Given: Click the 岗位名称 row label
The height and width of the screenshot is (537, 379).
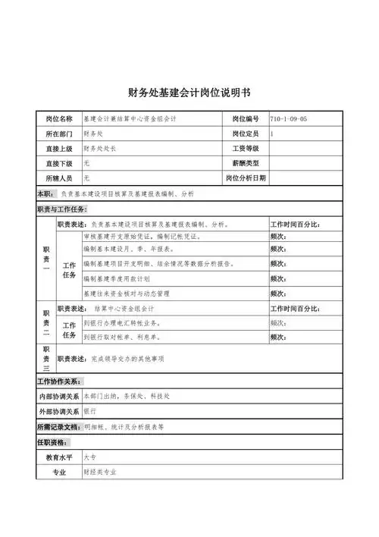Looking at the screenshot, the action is pos(58,119).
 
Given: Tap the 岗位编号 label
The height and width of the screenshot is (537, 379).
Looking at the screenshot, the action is pos(246,119).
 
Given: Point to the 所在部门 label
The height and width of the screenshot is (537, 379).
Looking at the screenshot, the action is pos(58,133).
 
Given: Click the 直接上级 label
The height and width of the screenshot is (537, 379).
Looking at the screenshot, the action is pos(58,149).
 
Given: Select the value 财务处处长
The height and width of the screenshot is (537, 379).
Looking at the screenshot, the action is pos(99,149).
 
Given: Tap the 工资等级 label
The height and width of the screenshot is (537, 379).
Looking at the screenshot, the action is pos(246,149).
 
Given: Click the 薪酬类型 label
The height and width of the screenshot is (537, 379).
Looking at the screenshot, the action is pos(246,163).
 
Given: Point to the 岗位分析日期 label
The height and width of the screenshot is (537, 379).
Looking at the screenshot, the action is pos(246,178).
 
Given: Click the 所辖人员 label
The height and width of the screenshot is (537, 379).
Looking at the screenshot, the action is pos(58,178).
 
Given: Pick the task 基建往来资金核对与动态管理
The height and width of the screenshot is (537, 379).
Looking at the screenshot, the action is pos(126,293).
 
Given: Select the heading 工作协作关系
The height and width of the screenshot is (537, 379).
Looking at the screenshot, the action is pos(60,381).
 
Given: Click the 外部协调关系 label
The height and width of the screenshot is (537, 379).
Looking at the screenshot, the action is pos(59,411).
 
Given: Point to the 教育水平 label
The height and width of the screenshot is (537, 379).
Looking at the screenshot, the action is pos(58,457).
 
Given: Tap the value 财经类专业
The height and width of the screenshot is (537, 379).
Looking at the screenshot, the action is pos(100,472).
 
